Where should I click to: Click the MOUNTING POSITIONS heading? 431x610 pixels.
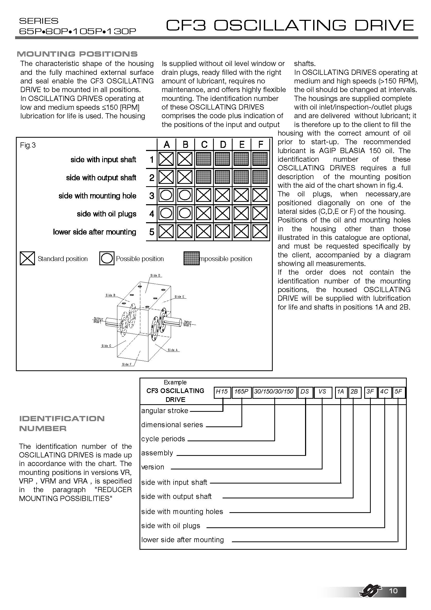click(77, 54)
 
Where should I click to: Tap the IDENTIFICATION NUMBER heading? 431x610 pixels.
click(62, 424)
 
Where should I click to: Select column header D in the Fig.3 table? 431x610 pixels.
click(223, 144)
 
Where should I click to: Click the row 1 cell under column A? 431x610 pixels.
click(166, 159)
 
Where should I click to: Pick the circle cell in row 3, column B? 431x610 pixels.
click(185, 195)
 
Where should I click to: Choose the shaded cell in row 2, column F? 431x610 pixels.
click(260, 177)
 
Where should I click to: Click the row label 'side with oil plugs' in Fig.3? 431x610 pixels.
click(106, 214)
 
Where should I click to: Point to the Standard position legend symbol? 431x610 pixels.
click(27, 258)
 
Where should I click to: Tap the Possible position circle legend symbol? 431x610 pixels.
click(107, 258)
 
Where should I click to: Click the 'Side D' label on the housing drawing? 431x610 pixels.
click(155, 275)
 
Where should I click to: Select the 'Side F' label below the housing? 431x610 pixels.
click(127, 364)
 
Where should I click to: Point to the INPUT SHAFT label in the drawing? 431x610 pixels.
click(187, 324)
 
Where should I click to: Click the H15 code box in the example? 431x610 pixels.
click(222, 392)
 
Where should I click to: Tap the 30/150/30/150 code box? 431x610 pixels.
click(274, 392)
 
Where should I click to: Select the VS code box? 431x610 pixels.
click(322, 392)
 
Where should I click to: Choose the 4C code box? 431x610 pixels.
click(384, 392)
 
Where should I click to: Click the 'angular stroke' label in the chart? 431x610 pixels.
click(165, 411)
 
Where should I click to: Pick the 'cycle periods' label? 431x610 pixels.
click(163, 439)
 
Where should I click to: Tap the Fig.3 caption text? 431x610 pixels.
click(28, 145)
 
